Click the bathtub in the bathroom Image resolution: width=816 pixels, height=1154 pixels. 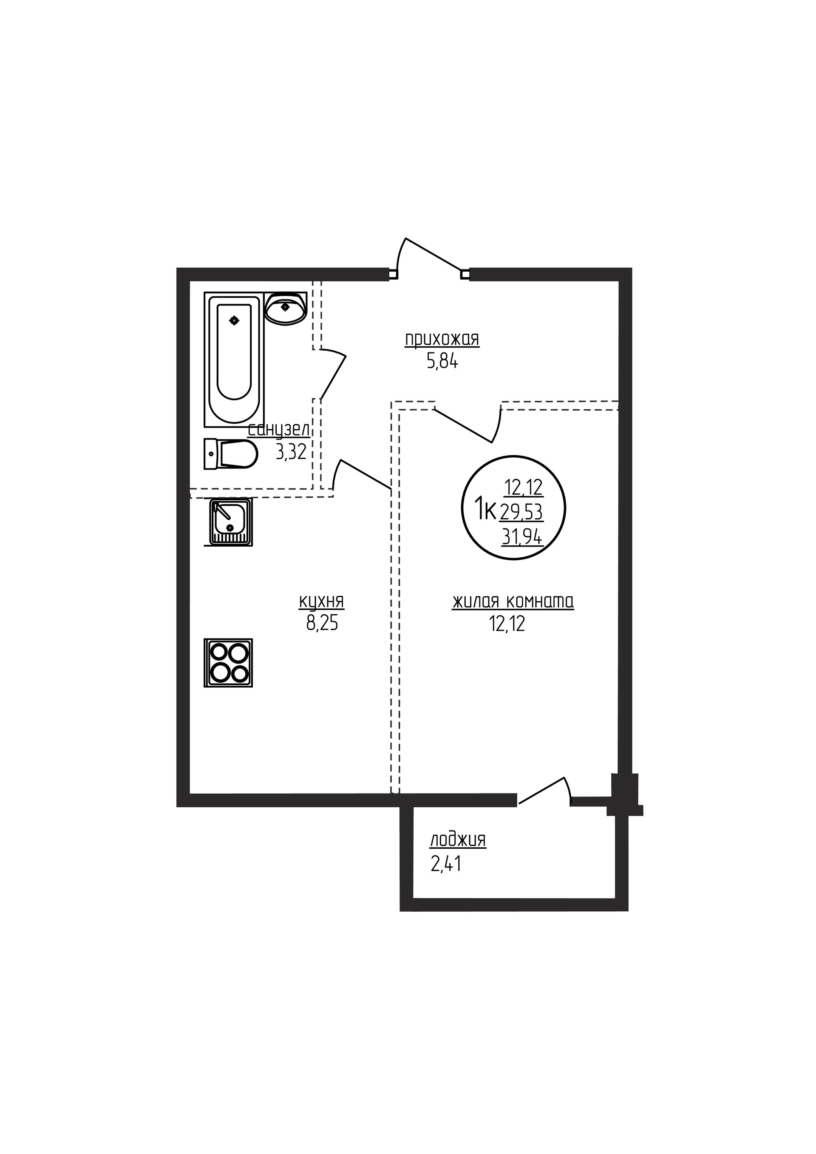click(x=234, y=359)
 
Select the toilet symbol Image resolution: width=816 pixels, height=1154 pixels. click(x=231, y=454)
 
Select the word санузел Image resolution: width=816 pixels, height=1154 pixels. click(x=279, y=430)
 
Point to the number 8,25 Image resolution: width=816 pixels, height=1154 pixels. click(x=322, y=624)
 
